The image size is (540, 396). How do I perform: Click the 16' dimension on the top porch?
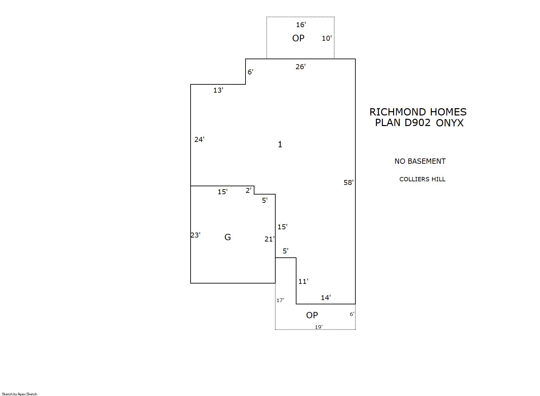301,25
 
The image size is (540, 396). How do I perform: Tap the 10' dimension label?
327,38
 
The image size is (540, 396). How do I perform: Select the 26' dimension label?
300,67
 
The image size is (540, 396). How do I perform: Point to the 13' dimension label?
218,90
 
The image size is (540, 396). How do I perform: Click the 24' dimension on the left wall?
199,140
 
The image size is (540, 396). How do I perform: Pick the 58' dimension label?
348,183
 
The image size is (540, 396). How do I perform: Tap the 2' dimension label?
248,191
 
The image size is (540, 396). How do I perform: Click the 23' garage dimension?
195,235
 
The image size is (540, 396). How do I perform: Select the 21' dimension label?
269,239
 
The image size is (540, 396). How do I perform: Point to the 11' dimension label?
303,282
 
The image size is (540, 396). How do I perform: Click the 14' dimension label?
326,298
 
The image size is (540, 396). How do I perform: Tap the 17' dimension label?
280,300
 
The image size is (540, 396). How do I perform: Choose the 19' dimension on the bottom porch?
318,327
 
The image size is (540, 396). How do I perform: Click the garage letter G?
228,237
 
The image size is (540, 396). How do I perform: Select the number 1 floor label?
280,144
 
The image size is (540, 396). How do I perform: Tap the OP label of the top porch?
298,38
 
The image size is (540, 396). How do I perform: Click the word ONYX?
450,123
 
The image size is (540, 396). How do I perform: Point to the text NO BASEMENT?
420,161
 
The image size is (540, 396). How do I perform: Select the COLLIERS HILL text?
422,179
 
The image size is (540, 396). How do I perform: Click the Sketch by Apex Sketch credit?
20,394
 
